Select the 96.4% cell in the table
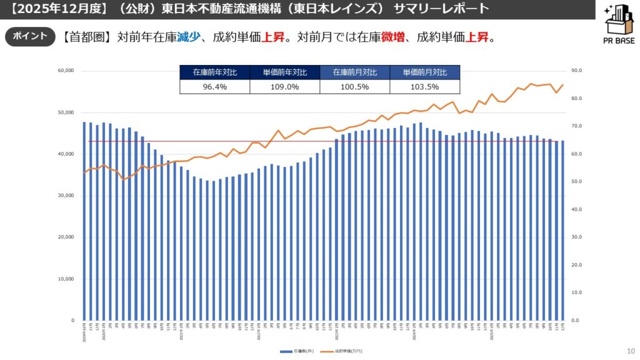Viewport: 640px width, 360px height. pos(214,87)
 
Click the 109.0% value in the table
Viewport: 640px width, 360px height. pos(284,87)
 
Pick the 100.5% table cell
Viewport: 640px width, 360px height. pos(354,87)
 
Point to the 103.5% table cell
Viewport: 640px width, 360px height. pos(424,87)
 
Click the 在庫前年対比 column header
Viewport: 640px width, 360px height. pos(214,72)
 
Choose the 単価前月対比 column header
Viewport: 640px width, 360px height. pos(424,72)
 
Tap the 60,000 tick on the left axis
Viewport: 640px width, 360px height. pos(66,71)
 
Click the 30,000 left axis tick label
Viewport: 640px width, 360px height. pos(66,196)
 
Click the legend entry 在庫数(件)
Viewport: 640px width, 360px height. pos(299,351)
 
